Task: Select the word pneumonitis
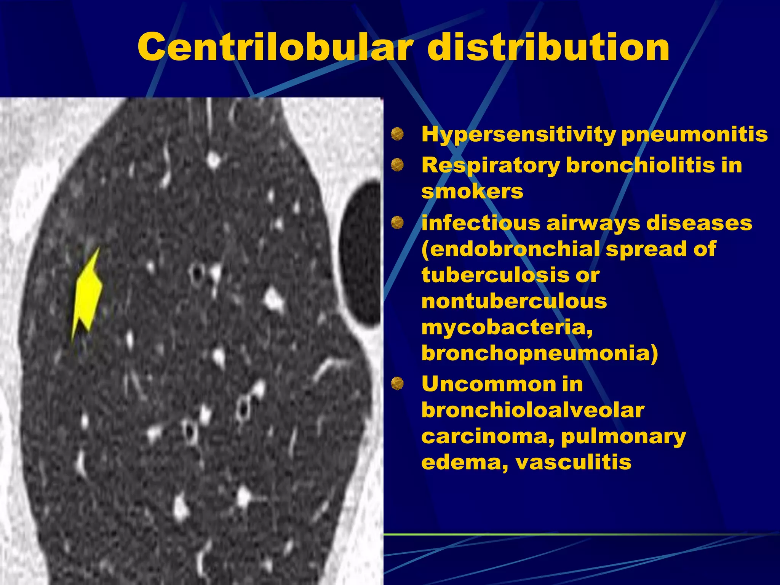(x=694, y=134)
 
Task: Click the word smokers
(x=472, y=191)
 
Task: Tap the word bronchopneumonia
(x=539, y=353)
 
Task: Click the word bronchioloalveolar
(x=533, y=410)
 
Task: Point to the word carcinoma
(x=488, y=436)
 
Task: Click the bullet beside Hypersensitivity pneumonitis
(x=397, y=134)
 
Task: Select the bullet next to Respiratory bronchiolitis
(x=397, y=165)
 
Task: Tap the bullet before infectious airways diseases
(x=397, y=222)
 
